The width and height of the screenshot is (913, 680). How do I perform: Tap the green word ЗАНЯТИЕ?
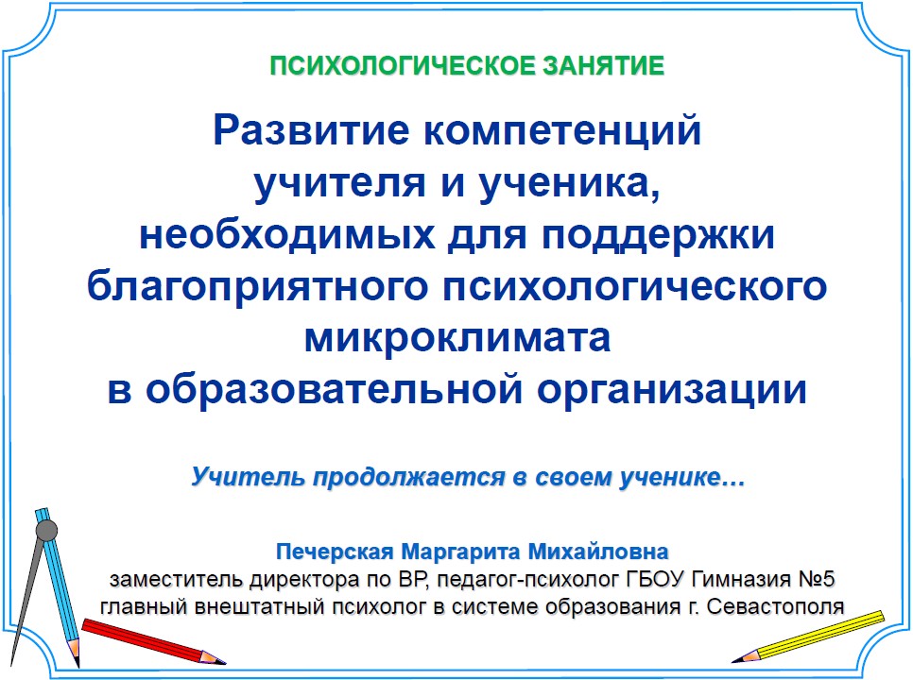[604, 66]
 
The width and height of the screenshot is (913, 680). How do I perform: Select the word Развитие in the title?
[311, 130]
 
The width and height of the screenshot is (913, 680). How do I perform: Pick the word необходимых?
[287, 235]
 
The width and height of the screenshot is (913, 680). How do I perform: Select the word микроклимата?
[457, 338]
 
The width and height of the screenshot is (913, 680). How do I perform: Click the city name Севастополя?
[776, 606]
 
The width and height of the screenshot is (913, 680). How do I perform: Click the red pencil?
[153, 641]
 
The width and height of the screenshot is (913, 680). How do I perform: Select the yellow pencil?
[808, 637]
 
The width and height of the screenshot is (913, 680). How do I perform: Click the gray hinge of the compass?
[47, 531]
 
